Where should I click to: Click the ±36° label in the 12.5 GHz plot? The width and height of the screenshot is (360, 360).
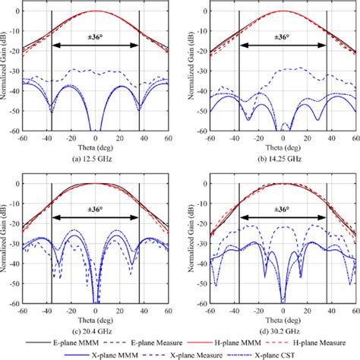point(95,36)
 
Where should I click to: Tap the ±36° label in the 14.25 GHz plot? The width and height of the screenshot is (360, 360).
point(283,36)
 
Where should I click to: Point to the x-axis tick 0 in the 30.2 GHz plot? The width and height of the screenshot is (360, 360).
point(283,310)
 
